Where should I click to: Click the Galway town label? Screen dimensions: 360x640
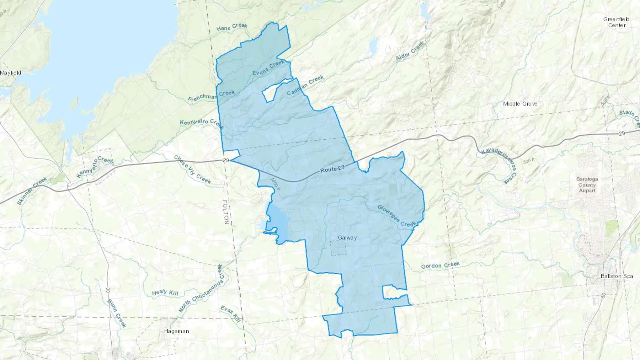(x=347, y=237)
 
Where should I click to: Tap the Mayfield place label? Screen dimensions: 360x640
(x=11, y=72)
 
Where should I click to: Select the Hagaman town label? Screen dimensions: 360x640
(x=176, y=331)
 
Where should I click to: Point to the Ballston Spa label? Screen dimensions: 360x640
(x=617, y=276)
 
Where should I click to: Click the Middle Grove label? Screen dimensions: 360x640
(x=520, y=104)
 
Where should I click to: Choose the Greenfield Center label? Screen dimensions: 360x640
(x=616, y=22)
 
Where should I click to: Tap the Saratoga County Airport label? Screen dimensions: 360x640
(x=587, y=185)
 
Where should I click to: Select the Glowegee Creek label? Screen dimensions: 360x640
(x=396, y=215)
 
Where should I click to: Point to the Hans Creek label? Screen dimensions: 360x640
(x=232, y=27)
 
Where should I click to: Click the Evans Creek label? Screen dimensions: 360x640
(x=268, y=68)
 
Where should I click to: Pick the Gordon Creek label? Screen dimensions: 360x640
(x=440, y=265)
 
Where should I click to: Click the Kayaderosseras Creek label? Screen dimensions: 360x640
(x=499, y=166)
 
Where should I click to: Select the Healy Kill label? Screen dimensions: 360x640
(x=165, y=292)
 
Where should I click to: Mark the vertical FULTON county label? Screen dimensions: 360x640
(x=226, y=212)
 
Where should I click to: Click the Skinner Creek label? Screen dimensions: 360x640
(x=32, y=191)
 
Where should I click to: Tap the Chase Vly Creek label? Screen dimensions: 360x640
(x=192, y=170)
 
